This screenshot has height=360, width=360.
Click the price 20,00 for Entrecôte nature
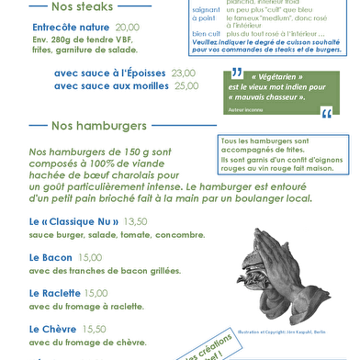point(127,28)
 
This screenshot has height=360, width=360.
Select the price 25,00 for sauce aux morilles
point(186,85)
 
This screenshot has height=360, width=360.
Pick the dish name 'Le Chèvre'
point(53,328)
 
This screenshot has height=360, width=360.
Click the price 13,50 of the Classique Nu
point(135,221)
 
